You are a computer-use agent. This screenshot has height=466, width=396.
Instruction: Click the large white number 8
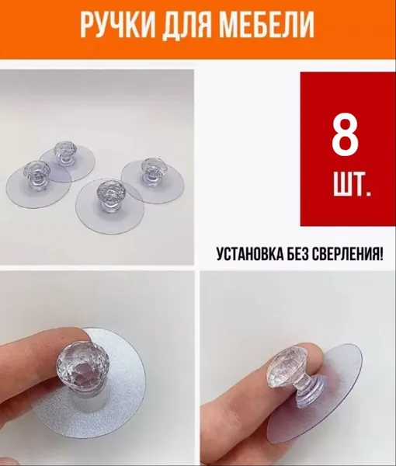click(x=345, y=134)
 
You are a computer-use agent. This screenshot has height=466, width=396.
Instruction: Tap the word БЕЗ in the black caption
click(x=299, y=254)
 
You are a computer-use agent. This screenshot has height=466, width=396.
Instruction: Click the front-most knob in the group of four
click(x=109, y=194)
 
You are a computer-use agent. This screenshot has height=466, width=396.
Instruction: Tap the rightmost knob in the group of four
click(x=151, y=172)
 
